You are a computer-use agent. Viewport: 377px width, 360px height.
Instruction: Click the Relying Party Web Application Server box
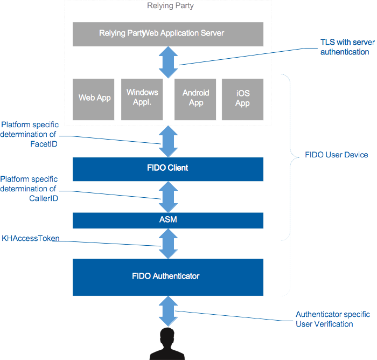click(x=168, y=34)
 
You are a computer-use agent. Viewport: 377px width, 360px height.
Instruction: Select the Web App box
click(x=95, y=98)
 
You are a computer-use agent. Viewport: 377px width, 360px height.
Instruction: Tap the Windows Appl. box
click(x=142, y=98)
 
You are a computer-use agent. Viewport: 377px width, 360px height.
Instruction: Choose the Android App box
click(x=196, y=98)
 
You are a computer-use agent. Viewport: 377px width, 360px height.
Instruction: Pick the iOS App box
click(x=242, y=98)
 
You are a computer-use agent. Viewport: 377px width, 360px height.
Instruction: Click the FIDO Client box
click(x=168, y=168)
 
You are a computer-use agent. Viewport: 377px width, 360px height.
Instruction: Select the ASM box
click(x=168, y=220)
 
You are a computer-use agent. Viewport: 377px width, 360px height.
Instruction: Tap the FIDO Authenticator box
click(x=168, y=276)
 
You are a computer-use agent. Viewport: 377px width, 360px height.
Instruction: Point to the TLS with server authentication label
click(x=345, y=47)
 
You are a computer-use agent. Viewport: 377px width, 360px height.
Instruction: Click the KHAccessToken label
click(x=30, y=238)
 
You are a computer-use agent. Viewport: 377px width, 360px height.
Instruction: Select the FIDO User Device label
click(x=336, y=155)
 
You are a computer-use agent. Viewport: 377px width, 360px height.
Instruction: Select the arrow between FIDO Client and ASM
click(x=168, y=197)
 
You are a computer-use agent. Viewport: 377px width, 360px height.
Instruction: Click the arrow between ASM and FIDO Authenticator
click(x=168, y=244)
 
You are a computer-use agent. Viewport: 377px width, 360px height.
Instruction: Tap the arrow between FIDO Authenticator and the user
click(x=168, y=311)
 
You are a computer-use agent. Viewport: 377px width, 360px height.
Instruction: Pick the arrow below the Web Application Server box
click(x=168, y=61)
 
